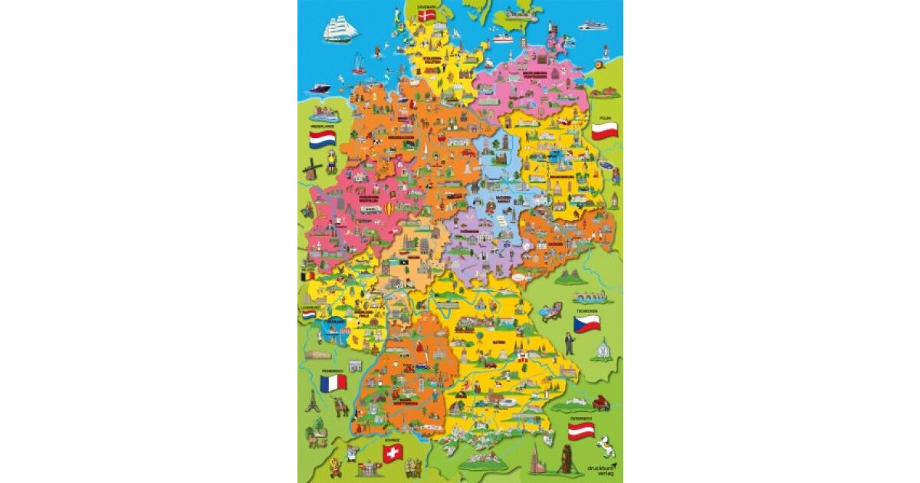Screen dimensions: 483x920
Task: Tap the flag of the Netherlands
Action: click(323, 140)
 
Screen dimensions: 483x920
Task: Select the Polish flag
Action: click(604, 130)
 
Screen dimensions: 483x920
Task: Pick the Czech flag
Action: click(586, 324)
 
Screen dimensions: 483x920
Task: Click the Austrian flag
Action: click(582, 431)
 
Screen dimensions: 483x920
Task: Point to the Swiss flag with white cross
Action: click(393, 454)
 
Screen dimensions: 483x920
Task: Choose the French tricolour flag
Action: click(333, 382)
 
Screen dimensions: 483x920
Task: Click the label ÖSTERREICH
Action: click(582, 418)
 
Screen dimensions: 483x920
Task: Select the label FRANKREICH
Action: click(331, 369)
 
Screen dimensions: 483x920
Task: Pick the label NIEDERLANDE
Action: click(323, 125)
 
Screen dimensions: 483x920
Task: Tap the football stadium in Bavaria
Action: click(508, 400)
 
